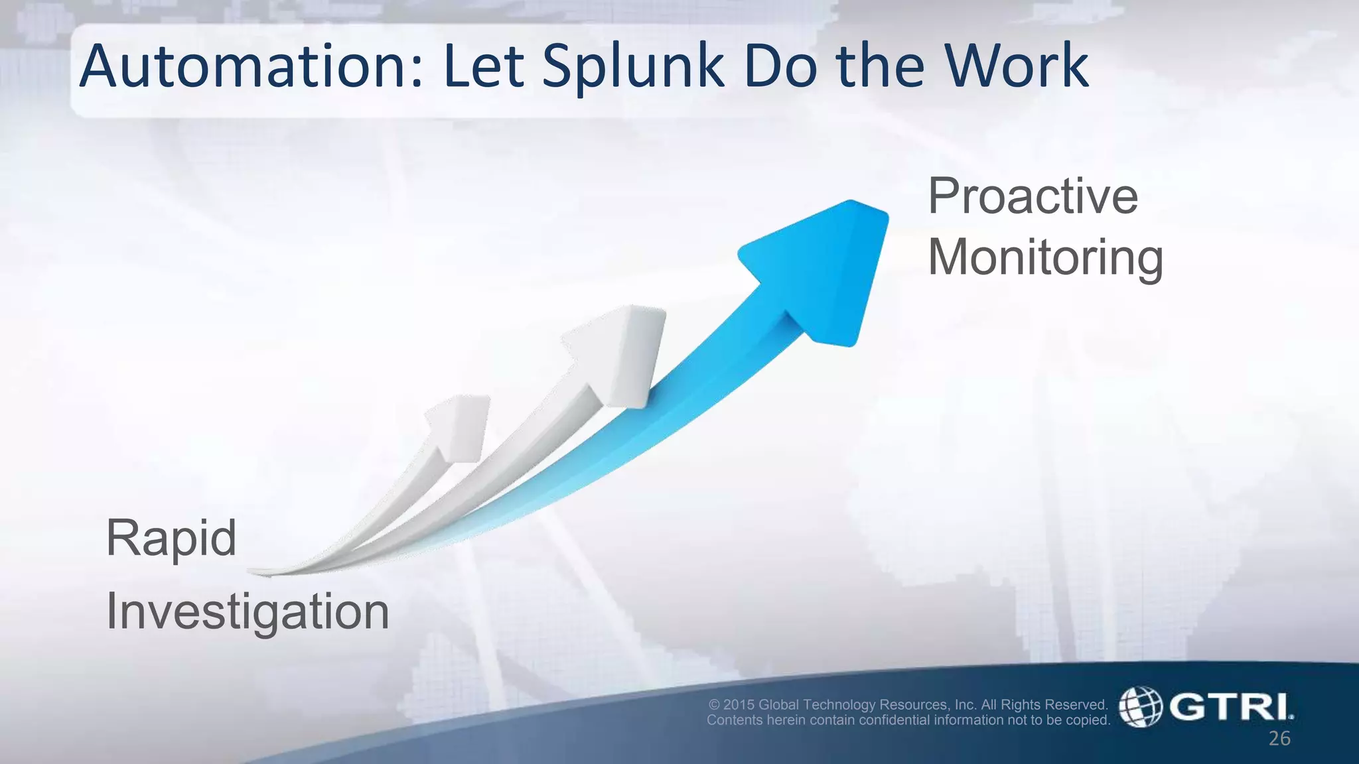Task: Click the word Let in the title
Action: click(484, 66)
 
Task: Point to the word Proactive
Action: click(1033, 196)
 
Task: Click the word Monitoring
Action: click(1045, 257)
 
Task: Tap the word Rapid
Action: click(171, 538)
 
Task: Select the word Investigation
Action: click(248, 611)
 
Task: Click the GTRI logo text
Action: click(1231, 707)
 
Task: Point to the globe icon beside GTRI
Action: click(1141, 707)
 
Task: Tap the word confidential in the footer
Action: click(894, 720)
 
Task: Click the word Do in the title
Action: click(780, 66)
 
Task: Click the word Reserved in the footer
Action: click(1078, 704)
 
